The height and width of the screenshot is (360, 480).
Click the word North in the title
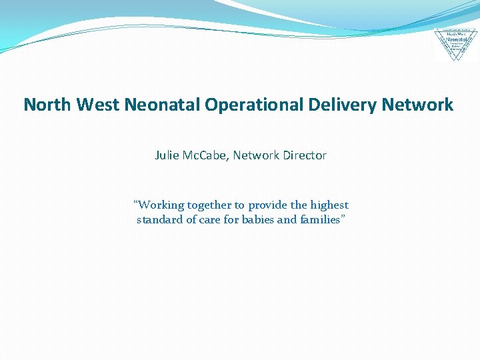click(48, 105)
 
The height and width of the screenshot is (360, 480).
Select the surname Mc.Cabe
click(208, 155)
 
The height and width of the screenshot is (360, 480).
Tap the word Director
click(304, 155)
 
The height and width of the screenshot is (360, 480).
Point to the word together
click(209, 205)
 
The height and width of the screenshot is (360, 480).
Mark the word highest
click(329, 205)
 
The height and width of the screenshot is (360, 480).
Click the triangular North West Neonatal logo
click(456, 44)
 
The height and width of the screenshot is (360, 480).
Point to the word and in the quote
click(287, 220)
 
